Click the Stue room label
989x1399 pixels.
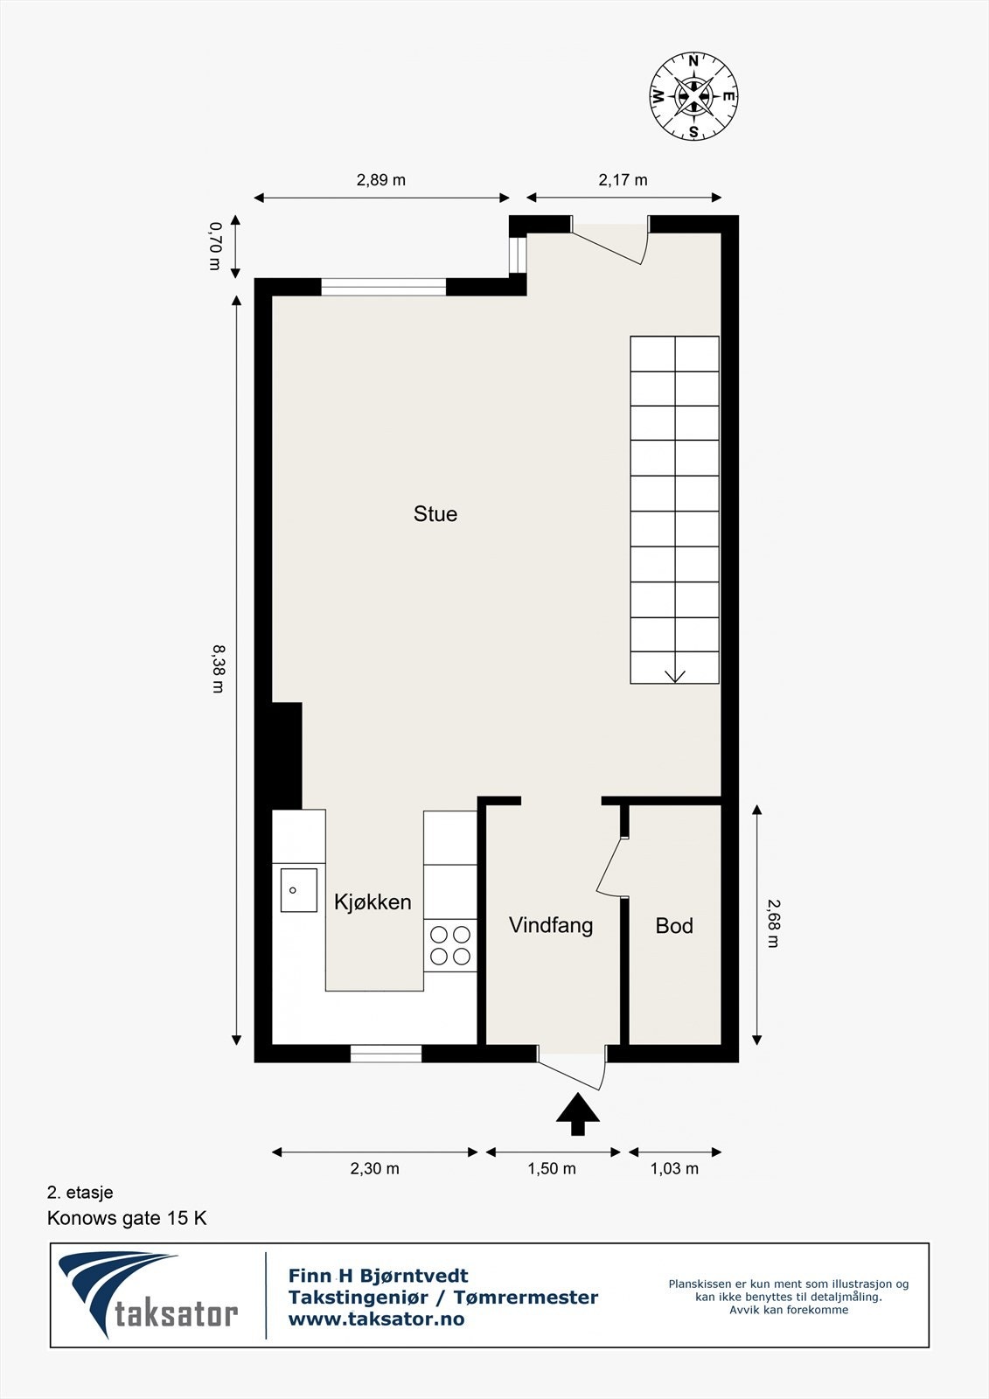point(435,514)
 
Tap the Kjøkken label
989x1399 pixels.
point(373,902)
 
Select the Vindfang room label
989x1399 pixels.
point(551,925)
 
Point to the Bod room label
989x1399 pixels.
point(674,926)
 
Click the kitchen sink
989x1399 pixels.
point(298,890)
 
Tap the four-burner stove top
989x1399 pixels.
point(450,945)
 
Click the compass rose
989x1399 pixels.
point(693,96)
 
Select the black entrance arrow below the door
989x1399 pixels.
point(578,1113)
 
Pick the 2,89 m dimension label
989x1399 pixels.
point(381,180)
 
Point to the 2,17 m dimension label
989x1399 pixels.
point(623,180)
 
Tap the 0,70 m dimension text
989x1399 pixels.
point(215,246)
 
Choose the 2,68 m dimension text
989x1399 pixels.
point(773,923)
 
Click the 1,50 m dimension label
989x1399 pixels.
point(552,1169)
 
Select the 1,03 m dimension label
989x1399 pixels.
point(674,1169)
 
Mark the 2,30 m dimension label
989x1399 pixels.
point(374,1169)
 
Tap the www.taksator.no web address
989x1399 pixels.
point(376,1319)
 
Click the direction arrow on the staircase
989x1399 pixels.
point(675,675)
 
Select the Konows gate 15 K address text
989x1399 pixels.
point(127,1218)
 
